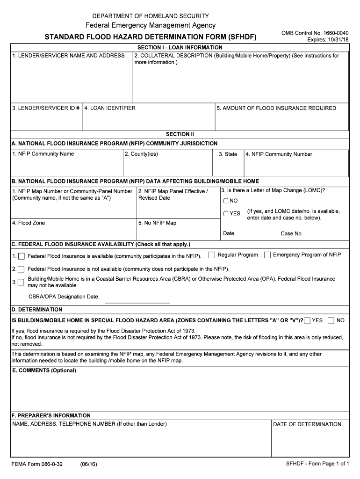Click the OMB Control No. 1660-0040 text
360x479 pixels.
(315, 33)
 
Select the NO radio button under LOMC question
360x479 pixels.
(226, 201)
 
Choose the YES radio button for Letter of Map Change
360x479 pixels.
(226, 213)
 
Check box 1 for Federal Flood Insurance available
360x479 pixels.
(21, 256)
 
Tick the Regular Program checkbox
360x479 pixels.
(212, 255)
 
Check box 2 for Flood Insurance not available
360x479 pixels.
(21, 269)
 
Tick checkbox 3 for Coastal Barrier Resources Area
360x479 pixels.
(21, 282)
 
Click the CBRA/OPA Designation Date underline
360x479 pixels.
(137, 302)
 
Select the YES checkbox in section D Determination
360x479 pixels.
(307, 320)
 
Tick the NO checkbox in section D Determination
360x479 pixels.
(331, 320)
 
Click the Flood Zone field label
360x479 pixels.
(29, 223)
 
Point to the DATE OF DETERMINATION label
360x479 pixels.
(307, 424)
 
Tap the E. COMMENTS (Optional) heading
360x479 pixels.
(44, 370)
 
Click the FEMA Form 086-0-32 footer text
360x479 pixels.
(37, 464)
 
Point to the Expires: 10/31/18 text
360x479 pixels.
(328, 40)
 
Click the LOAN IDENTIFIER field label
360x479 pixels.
(110, 108)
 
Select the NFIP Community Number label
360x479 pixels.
(279, 154)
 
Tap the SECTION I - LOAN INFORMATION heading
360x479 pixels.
(180, 48)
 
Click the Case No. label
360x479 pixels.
(292, 233)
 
